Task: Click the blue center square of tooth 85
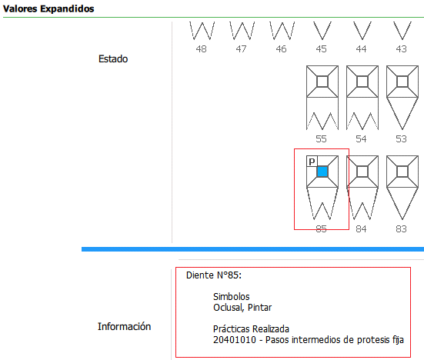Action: [322, 172]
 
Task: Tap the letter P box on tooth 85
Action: [312, 162]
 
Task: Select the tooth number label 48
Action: [201, 49]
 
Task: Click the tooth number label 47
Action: [241, 49]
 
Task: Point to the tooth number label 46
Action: [281, 49]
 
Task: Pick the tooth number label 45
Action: [321, 49]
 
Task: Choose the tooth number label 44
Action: [361, 49]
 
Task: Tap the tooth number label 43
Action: [401, 49]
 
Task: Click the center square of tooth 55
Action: [322, 82]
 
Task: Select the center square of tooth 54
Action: [362, 82]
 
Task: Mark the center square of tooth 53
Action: [402, 82]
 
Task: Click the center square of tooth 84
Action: [362, 172]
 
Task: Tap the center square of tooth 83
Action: [402, 172]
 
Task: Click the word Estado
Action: [113, 59]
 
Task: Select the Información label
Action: [124, 326]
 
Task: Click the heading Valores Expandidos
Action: [48, 8]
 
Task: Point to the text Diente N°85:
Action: [214, 275]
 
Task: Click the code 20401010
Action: [235, 340]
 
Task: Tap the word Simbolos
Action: [231, 297]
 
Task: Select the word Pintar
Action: [259, 308]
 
